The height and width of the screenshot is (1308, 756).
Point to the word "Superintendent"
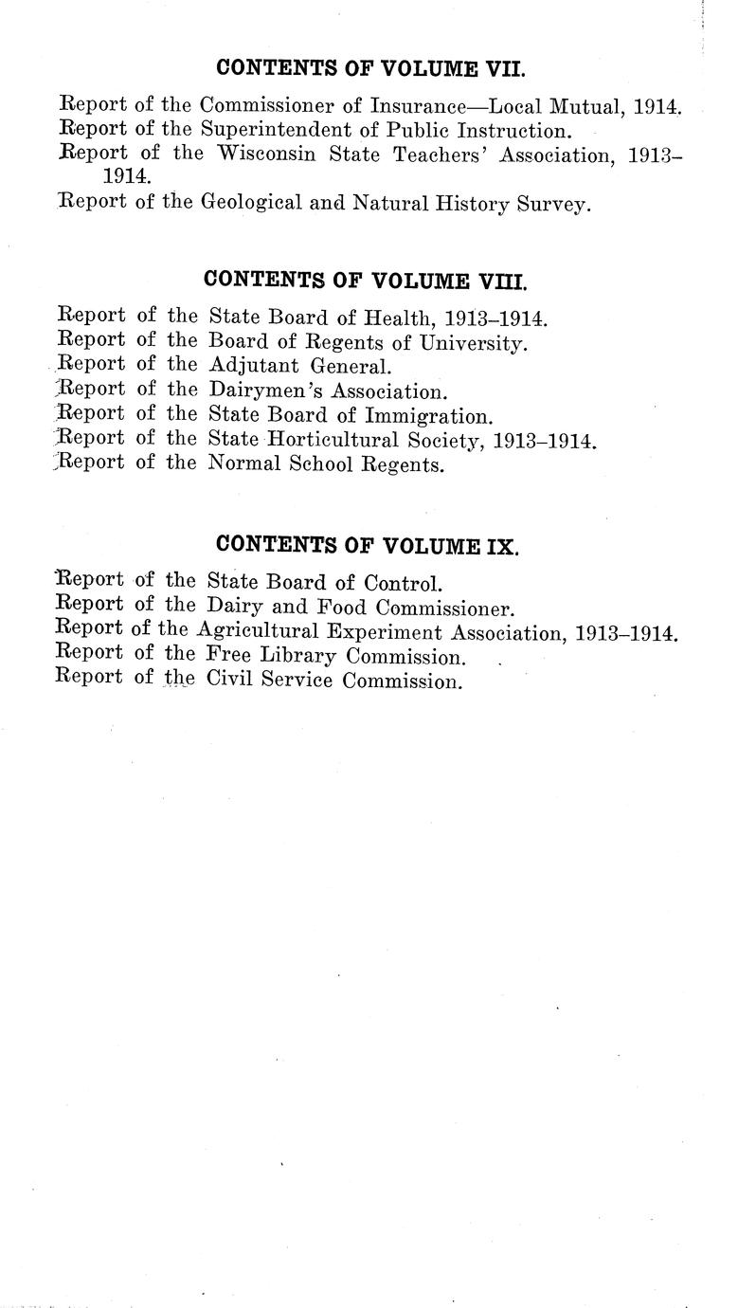click(x=283, y=130)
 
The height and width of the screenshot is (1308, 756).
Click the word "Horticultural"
click(x=319, y=440)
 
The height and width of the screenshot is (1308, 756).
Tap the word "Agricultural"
click(x=261, y=631)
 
